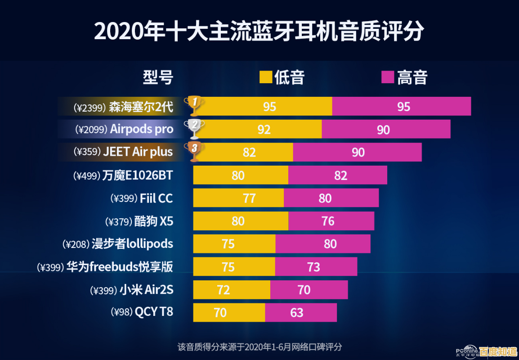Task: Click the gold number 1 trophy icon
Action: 194,105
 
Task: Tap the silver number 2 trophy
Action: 194,128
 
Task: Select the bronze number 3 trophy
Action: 194,151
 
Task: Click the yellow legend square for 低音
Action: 266,77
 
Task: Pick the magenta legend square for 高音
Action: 388,77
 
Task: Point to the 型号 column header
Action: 158,77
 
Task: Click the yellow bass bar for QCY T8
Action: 229,312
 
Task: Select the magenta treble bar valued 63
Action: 300,312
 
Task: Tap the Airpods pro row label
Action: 142,129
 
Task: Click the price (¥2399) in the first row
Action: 90,107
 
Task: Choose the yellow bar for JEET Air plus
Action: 243,152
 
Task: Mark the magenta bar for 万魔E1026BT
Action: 337,175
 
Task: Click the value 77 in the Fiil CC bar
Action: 249,198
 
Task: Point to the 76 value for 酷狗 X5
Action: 328,221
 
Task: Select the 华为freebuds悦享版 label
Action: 119,267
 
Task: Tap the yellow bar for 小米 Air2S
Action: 232,290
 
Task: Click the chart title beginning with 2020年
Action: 259,31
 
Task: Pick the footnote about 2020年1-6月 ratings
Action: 259,347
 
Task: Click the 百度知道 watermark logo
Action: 497,351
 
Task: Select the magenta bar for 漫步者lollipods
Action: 323,244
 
